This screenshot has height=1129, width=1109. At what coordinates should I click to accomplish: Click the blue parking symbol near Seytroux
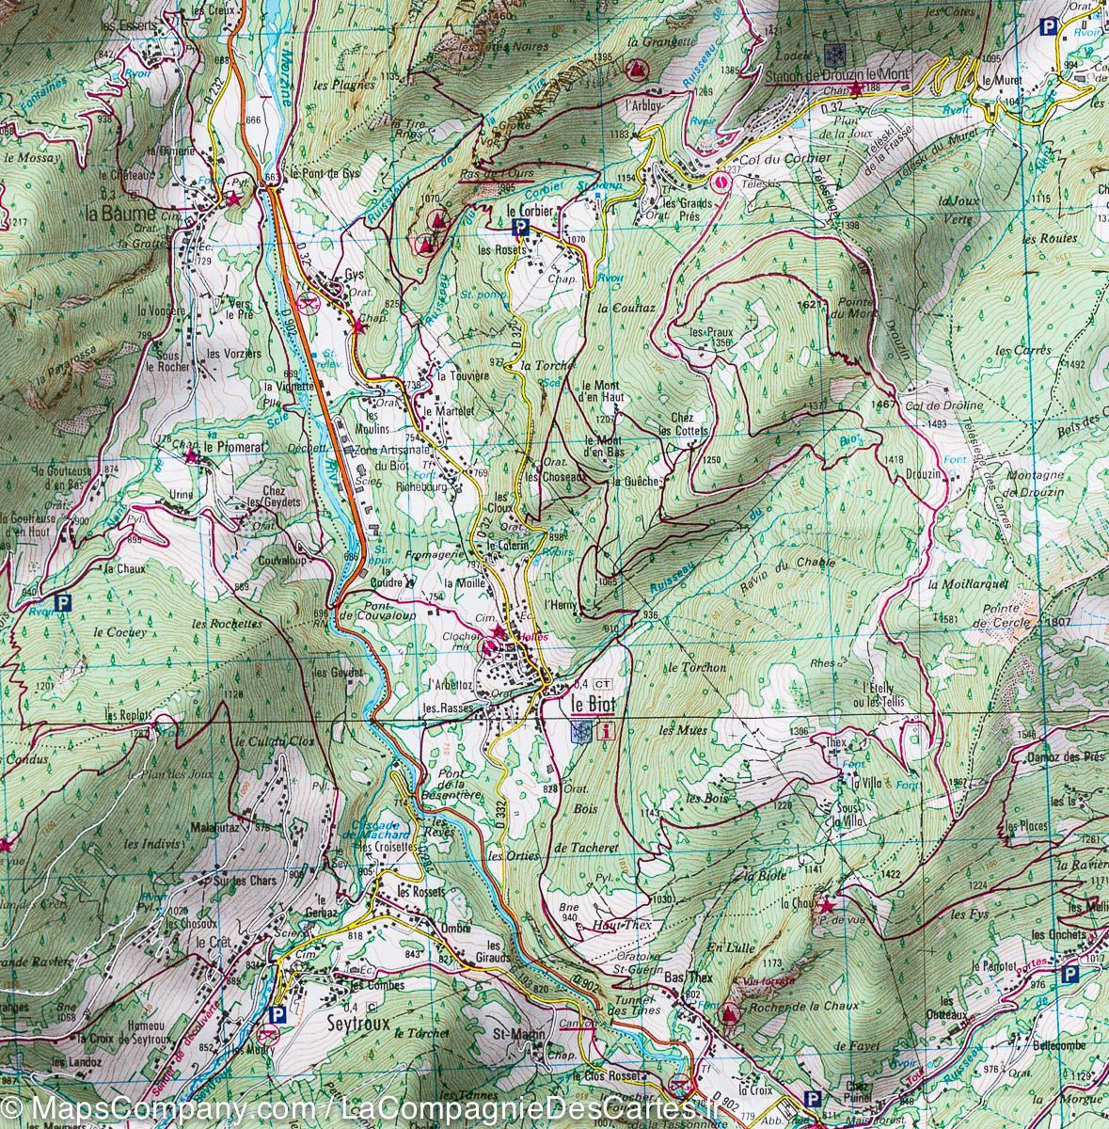click(x=276, y=1015)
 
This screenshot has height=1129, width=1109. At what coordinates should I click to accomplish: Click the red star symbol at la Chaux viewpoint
click(x=827, y=905)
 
